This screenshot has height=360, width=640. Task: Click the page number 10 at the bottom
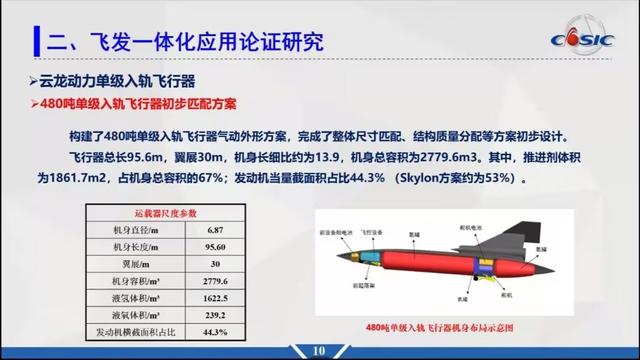pos(319,350)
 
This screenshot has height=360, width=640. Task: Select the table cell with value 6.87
pos(216,230)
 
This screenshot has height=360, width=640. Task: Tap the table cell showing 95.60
pos(216,247)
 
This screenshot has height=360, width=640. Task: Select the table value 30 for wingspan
pos(216,264)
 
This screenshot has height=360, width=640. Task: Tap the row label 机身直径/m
pos(131,230)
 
